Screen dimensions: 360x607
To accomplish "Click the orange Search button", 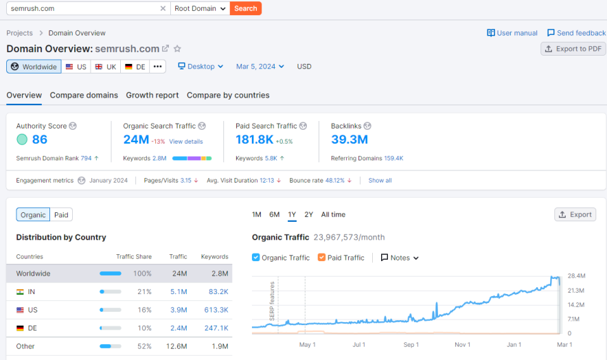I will pyautogui.click(x=245, y=8).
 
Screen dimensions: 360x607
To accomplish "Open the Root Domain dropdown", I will pyautogui.click(x=200, y=8).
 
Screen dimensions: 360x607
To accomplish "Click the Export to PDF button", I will pyautogui.click(x=573, y=49).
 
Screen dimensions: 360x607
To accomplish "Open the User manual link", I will pyautogui.click(x=512, y=33).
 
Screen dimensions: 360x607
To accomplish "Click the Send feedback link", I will pyautogui.click(x=576, y=33).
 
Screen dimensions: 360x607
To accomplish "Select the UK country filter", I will pyautogui.click(x=106, y=67).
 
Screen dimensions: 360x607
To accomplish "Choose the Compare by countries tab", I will pyautogui.click(x=228, y=95).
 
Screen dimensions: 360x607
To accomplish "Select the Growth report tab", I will pyautogui.click(x=152, y=95).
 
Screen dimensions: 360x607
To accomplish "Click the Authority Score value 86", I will pyautogui.click(x=39, y=139).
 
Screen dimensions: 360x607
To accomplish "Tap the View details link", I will pyautogui.click(x=186, y=142).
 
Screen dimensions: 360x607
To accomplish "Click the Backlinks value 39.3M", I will pyautogui.click(x=349, y=139).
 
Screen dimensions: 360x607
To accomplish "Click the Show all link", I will pyautogui.click(x=380, y=181).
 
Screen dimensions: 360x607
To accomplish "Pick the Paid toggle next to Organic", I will pyautogui.click(x=61, y=215).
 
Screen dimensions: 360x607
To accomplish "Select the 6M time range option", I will pyautogui.click(x=274, y=214).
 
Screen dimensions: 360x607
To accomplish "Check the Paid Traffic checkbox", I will pyautogui.click(x=322, y=258).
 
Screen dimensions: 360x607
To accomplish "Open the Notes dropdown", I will pyautogui.click(x=400, y=258).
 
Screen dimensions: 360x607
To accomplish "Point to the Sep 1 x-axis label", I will pyautogui.click(x=411, y=344).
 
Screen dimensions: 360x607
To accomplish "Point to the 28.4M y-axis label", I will pyautogui.click(x=575, y=276).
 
